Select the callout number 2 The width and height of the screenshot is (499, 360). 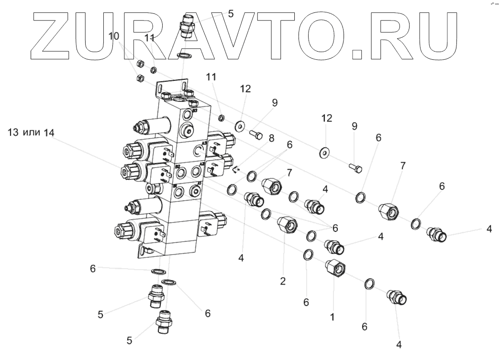(x=283, y=281)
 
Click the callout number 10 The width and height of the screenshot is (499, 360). (x=113, y=36)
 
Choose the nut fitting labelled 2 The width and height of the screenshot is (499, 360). (x=287, y=224)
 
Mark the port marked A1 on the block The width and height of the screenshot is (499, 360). (x=195, y=191)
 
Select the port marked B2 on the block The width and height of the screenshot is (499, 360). (x=180, y=171)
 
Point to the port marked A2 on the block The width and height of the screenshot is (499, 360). (x=197, y=170)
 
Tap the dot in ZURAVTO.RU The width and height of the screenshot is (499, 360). (x=356, y=53)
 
